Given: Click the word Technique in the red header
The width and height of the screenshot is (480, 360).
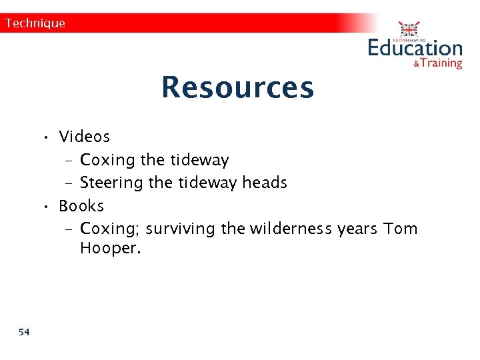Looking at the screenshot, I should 35,23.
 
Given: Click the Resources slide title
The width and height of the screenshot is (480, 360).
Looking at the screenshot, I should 237,87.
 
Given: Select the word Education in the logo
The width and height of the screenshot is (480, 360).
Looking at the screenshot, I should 415,48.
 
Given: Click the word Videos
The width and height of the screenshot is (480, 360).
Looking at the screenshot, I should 84,137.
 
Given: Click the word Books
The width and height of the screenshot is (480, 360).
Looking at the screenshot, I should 81,206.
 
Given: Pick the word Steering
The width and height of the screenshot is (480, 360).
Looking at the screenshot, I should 112,183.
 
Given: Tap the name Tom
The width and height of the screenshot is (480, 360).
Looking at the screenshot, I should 401,229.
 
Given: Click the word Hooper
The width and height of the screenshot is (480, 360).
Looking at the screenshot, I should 110,249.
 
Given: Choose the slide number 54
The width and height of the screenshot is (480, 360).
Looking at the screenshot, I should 25,332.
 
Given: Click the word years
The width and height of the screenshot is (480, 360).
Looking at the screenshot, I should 358,229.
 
